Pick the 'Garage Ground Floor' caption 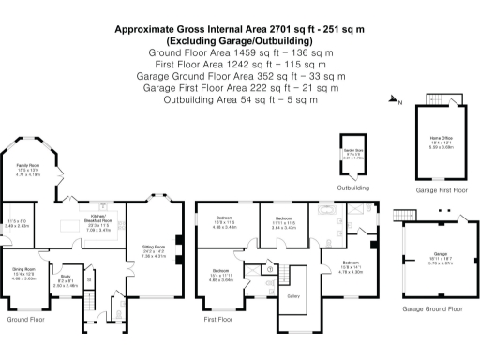click(433, 307)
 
